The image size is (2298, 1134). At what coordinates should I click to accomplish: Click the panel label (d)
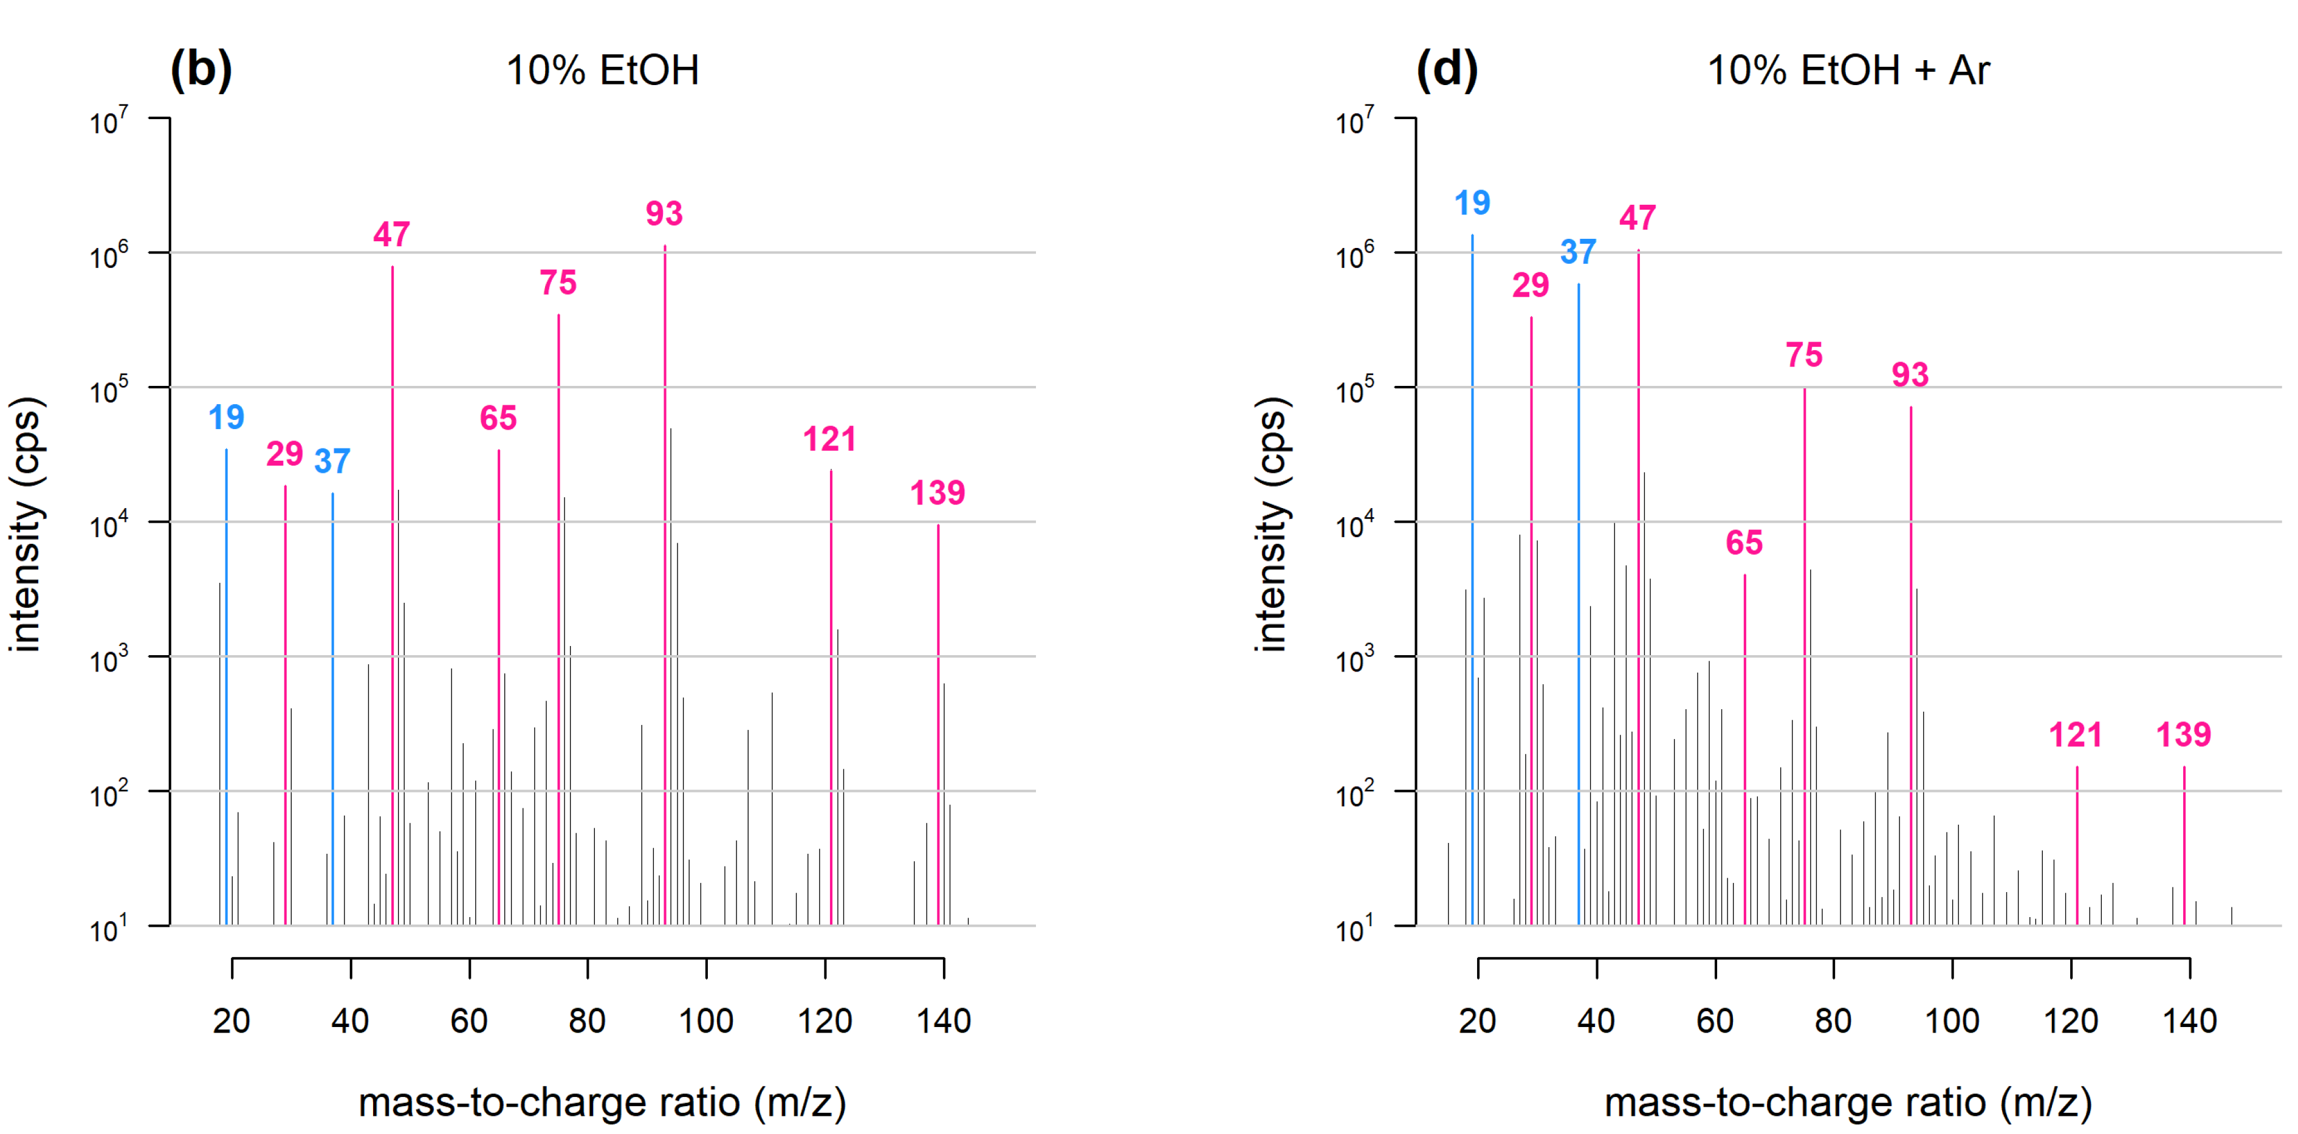(1446, 70)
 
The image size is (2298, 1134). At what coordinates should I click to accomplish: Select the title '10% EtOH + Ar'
(1848, 70)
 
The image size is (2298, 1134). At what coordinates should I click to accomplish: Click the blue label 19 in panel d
(1472, 202)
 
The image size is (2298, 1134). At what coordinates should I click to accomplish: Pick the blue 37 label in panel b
(332, 461)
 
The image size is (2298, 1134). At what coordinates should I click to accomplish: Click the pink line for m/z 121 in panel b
(831, 696)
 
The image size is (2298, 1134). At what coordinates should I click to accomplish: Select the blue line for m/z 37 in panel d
(1578, 607)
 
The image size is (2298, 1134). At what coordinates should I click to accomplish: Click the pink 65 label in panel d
(1744, 543)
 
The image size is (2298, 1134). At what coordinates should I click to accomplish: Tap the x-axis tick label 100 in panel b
(705, 1020)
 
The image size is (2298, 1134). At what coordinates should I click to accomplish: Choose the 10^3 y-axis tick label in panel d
(1354, 659)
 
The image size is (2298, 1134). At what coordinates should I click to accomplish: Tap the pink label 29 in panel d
(1530, 286)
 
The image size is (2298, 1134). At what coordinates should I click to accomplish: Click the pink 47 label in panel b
(392, 234)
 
